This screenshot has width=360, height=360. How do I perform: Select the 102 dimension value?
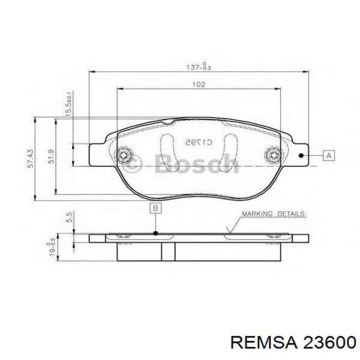tap(199, 84)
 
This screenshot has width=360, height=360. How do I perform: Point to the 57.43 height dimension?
tap(30, 159)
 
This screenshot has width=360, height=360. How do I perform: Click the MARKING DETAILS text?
tap(273, 213)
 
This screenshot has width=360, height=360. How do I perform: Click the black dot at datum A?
tap(302, 155)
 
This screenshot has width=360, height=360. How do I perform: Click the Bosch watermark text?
tap(198, 164)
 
